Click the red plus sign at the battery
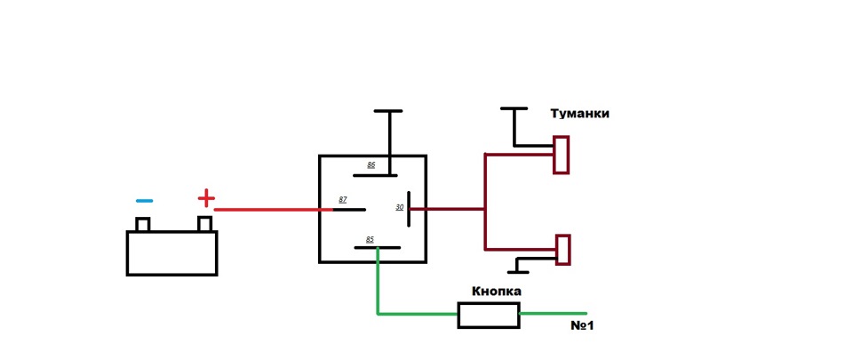pyautogui.click(x=205, y=197)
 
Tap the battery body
pyautogui.click(x=172, y=253)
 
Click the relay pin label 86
pyautogui.click(x=371, y=165)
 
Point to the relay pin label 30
pyautogui.click(x=400, y=207)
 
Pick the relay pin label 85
pyautogui.click(x=369, y=238)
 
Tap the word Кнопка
pyautogui.click(x=496, y=291)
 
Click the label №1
pyautogui.click(x=582, y=326)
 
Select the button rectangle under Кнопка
pyautogui.click(x=488, y=315)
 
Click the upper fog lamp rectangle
pyautogui.click(x=561, y=155)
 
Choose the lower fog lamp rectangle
pyautogui.click(x=562, y=250)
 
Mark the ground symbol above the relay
pyautogui.click(x=388, y=112)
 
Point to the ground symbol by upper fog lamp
pyautogui.click(x=514, y=110)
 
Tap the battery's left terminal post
pyautogui.click(x=142, y=224)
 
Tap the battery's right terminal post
pyautogui.click(x=205, y=223)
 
